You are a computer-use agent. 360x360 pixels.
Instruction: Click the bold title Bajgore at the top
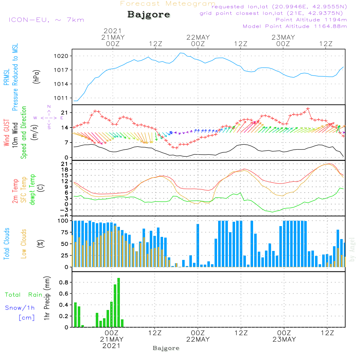tap(149, 15)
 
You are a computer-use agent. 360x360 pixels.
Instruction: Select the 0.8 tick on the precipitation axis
tap(64, 283)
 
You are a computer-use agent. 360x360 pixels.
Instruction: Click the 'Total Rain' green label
tap(23, 295)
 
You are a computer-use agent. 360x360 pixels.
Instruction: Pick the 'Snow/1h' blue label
tap(20, 308)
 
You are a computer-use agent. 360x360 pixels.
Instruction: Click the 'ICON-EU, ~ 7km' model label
tap(46, 20)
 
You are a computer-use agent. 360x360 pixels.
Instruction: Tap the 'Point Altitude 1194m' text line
tap(311, 20)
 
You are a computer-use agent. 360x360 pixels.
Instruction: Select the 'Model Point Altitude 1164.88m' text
tap(295, 26)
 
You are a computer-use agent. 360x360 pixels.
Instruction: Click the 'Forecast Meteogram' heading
tap(168, 4)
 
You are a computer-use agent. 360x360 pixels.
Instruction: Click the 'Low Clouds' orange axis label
tap(24, 243)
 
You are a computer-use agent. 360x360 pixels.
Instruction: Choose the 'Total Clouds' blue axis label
tap(7, 244)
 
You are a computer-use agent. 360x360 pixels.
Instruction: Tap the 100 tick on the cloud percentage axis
tap(63, 221)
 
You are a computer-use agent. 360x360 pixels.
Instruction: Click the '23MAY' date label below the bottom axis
tap(284, 339)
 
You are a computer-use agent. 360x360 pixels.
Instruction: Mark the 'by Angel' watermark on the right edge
tap(352, 249)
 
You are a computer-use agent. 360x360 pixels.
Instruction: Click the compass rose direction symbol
tap(49, 117)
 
